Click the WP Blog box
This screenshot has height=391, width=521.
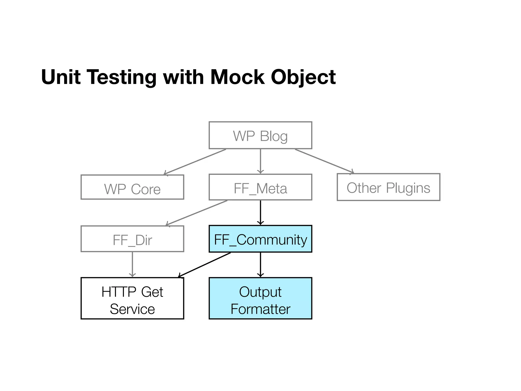click(260, 135)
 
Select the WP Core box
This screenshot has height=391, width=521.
click(132, 187)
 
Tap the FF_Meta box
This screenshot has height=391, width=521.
click(260, 187)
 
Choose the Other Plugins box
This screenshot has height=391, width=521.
click(388, 187)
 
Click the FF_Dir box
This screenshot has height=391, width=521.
click(132, 239)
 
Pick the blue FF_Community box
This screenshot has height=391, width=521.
click(260, 239)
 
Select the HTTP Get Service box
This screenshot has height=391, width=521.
click(132, 298)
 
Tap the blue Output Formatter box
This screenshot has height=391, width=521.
click(260, 298)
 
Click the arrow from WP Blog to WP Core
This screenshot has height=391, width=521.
click(195, 162)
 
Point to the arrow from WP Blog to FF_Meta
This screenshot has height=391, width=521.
click(260, 161)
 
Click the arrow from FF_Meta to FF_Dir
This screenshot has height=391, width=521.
click(196, 213)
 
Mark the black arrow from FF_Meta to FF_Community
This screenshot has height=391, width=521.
click(260, 213)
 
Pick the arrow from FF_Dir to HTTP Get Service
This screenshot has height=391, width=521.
click(132, 264)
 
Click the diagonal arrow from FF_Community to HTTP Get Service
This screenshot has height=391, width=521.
click(204, 265)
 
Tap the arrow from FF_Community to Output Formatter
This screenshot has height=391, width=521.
click(260, 264)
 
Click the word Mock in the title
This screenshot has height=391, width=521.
click(237, 77)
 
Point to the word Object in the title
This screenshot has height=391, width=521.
click(303, 77)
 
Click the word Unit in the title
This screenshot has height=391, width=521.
click(61, 77)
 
